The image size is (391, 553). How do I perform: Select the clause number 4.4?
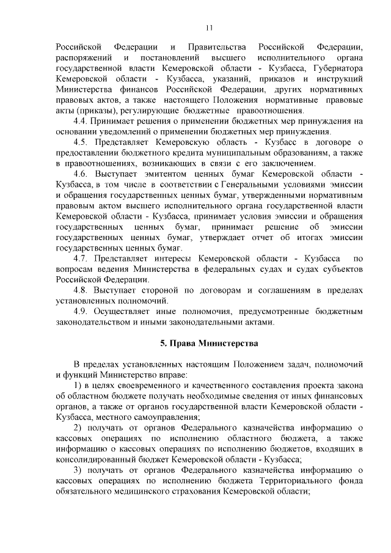coord(81,121)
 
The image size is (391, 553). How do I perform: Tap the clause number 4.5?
coord(81,142)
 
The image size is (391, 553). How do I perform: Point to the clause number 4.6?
coord(81,175)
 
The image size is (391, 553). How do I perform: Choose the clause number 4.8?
coord(81,290)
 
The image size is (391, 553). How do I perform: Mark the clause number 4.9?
coord(81,312)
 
